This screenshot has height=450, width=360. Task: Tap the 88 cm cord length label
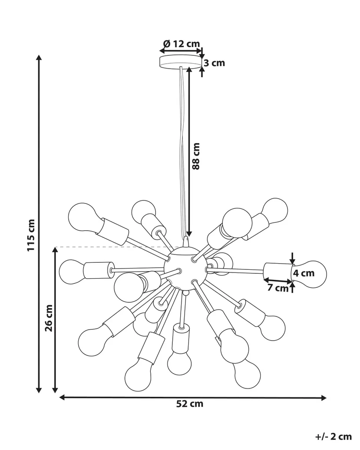(196, 156)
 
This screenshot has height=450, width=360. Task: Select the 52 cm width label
(190, 404)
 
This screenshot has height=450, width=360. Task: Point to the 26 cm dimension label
(49, 318)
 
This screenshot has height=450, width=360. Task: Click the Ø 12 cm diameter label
(181, 44)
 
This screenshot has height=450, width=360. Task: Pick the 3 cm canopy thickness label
(215, 63)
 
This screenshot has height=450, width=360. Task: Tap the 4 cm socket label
(304, 273)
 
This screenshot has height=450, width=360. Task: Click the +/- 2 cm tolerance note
(334, 436)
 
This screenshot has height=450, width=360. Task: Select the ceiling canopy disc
(180, 62)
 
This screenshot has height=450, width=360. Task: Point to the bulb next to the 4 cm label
(313, 274)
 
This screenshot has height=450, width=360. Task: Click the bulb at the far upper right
(275, 210)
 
